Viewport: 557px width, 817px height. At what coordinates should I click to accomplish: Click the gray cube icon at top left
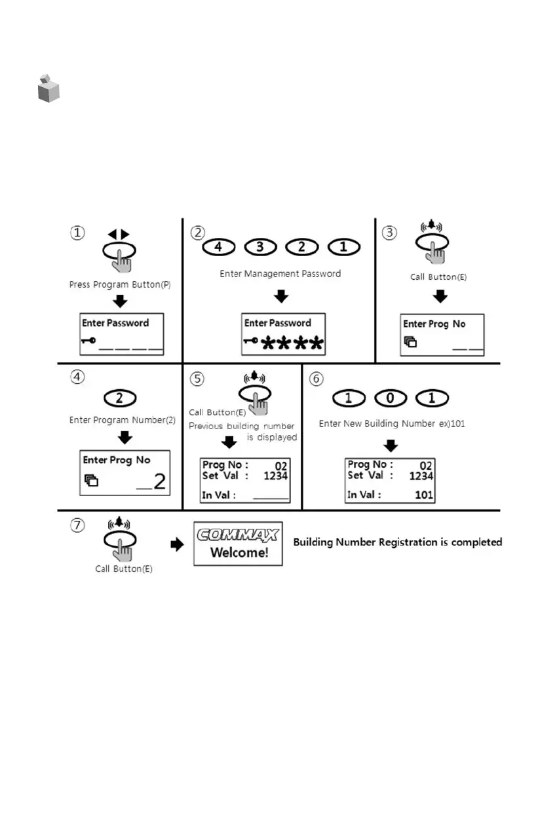pos(48,88)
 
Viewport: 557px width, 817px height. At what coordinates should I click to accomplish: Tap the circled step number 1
pos(78,233)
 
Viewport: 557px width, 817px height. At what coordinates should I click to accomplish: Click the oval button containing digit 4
pos(219,248)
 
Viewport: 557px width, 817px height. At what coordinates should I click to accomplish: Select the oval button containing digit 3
pos(260,248)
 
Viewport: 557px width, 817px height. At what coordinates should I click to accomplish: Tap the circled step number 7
pos(78,525)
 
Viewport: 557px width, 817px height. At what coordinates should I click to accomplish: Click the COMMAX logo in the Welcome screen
pos(239,534)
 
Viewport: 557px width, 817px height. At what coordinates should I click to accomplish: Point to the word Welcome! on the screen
pos(239,552)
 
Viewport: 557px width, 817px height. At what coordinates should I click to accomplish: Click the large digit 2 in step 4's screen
pos(158,482)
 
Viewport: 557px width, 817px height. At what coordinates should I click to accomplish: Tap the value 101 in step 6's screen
pos(423,495)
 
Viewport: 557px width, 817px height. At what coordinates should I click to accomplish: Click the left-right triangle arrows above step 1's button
pos(119,234)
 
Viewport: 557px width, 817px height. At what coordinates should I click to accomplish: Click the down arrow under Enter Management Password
pos(280,296)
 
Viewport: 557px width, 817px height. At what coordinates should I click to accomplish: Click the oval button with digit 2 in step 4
pos(121,397)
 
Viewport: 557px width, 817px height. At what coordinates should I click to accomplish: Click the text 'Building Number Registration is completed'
pos(397,542)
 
